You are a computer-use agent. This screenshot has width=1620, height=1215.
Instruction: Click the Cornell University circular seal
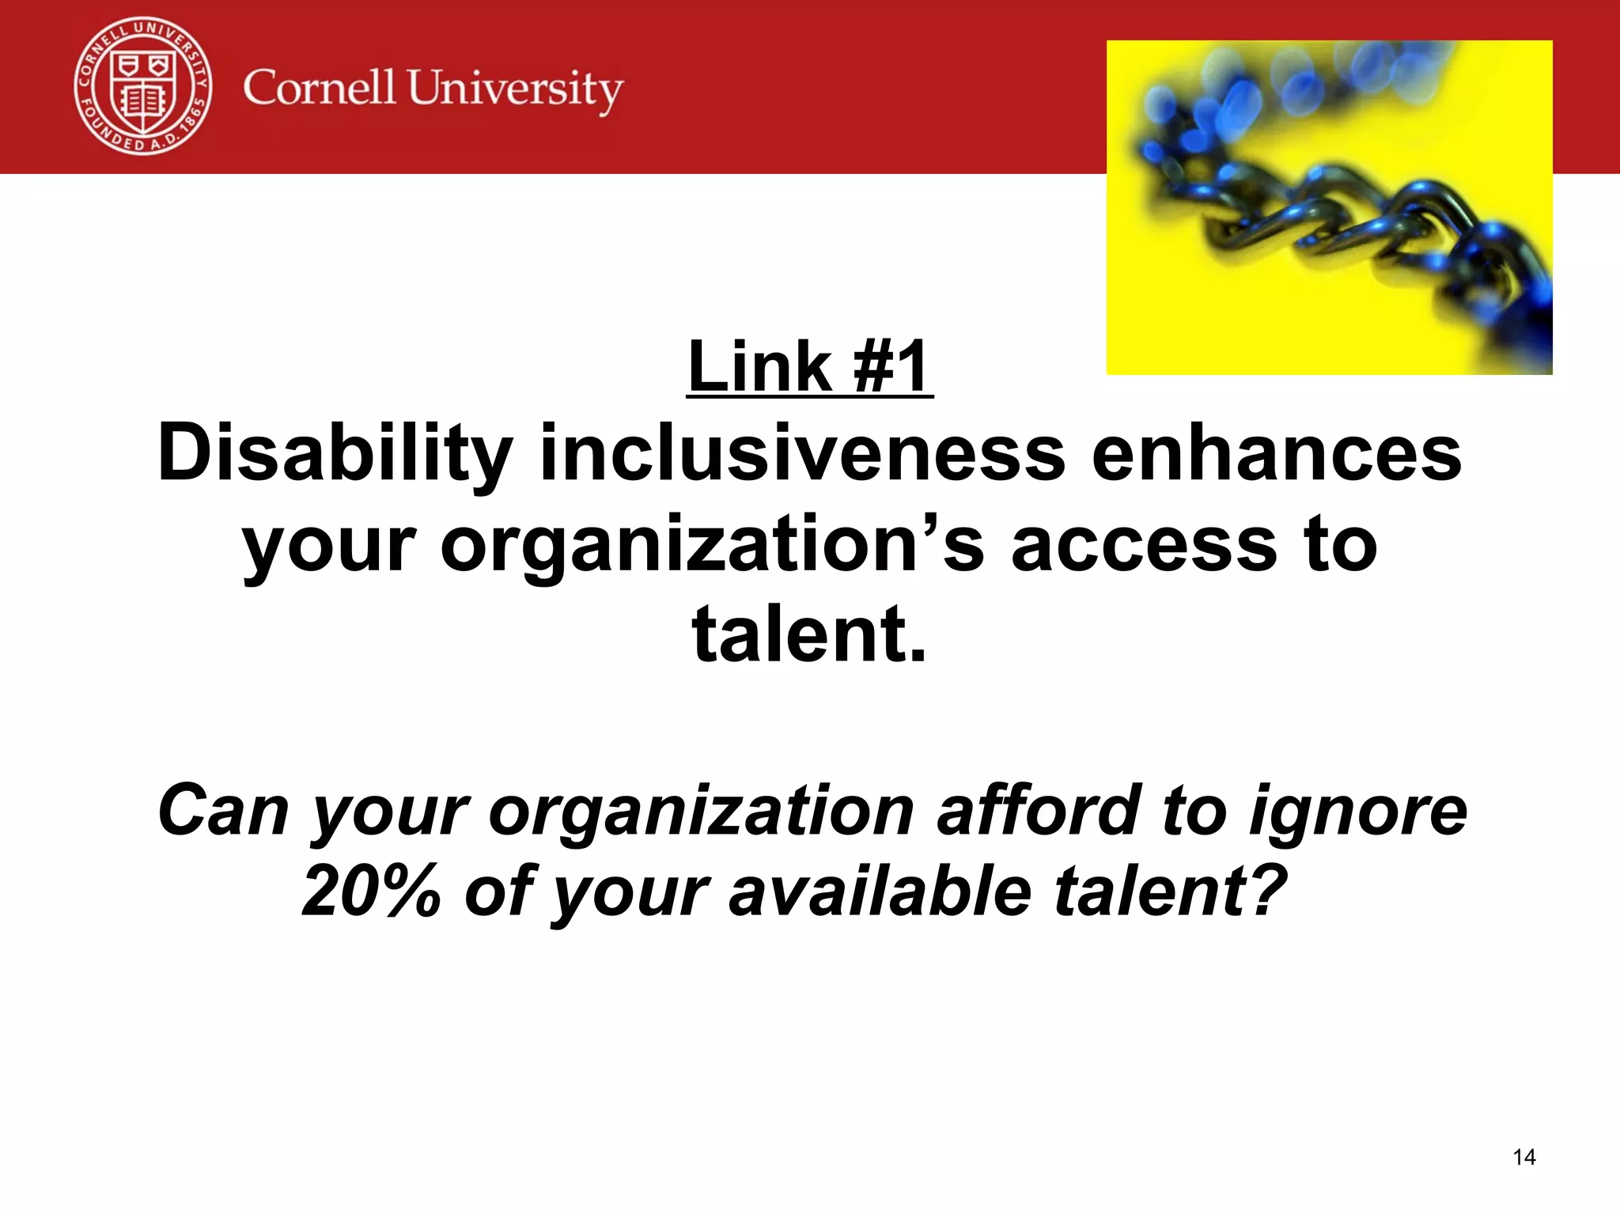tap(143, 86)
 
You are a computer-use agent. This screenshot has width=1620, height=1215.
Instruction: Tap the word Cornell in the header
tap(319, 87)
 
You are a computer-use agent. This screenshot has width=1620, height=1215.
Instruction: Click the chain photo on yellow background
tap(1329, 207)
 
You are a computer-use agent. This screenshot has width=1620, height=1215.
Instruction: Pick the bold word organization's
tap(713, 545)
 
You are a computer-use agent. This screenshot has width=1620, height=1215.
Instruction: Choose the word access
tap(1144, 545)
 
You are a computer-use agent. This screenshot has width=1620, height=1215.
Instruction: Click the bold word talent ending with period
tap(808, 634)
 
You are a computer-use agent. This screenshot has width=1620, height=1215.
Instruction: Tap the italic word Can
tap(224, 810)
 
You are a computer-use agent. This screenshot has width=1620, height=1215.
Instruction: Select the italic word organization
tap(702, 810)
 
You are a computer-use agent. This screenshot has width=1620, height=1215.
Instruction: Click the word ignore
tap(1357, 810)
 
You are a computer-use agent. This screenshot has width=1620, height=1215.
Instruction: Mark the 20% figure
tap(371, 891)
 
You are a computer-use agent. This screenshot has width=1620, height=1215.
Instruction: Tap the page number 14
tap(1523, 1157)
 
